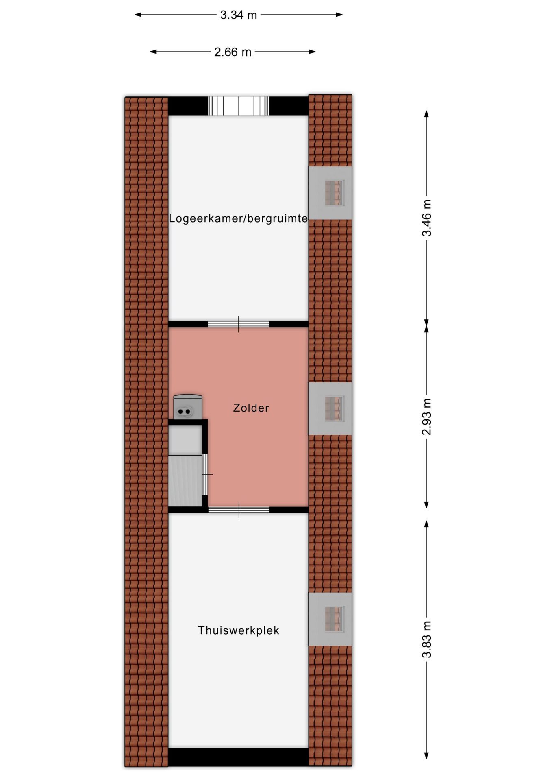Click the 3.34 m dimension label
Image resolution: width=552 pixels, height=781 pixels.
click(x=238, y=15)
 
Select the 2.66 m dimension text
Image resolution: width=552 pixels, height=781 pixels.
click(x=233, y=52)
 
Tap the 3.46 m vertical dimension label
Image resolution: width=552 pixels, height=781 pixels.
click(x=426, y=218)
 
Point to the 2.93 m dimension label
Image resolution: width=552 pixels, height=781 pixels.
click(x=426, y=417)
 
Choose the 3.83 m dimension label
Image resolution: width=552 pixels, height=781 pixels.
click(x=426, y=639)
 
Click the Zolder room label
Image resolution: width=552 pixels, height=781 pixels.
click(x=251, y=408)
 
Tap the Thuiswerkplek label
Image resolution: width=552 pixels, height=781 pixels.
click(x=239, y=630)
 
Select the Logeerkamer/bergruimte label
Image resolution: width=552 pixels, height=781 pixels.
click(x=239, y=219)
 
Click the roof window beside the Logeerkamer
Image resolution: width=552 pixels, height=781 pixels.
click(x=330, y=193)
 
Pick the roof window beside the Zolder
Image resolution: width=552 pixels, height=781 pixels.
click(x=330, y=408)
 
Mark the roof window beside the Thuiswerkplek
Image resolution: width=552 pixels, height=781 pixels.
click(x=330, y=619)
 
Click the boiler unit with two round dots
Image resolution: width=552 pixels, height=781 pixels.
click(x=188, y=407)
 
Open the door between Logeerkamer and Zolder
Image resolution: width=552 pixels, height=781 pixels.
click(x=239, y=324)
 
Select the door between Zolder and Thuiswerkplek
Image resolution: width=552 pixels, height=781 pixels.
click(x=239, y=510)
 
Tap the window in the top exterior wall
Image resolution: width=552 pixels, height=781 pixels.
click(x=239, y=106)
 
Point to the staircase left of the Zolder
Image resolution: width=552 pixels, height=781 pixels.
click(x=185, y=481)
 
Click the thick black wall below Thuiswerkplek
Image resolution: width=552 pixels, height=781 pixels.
click(x=239, y=757)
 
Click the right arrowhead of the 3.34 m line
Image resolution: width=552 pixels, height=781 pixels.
click(x=339, y=15)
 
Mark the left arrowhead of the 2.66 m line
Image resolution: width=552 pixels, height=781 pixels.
click(x=153, y=52)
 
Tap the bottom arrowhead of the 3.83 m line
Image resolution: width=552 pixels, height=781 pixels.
click(x=426, y=755)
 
